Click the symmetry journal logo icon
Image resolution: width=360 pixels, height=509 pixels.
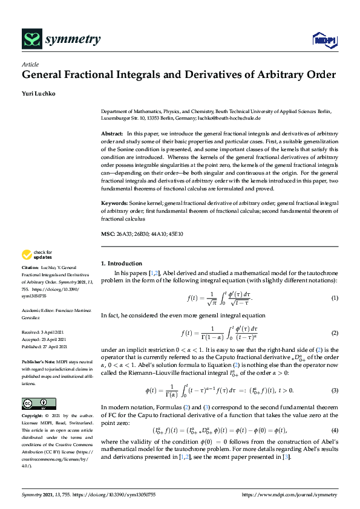[x=31, y=40]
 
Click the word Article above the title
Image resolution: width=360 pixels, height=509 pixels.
[x=30, y=65]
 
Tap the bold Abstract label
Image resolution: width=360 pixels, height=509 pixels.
[x=112, y=132]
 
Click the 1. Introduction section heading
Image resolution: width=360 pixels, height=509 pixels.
[x=121, y=264]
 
